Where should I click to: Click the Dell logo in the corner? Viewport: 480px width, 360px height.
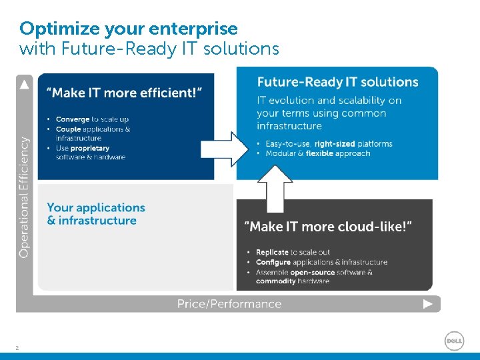[x=454, y=341]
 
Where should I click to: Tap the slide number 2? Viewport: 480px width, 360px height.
[x=17, y=347]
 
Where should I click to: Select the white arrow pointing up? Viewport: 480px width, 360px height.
[x=275, y=187]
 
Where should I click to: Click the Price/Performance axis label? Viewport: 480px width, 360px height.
[x=229, y=304]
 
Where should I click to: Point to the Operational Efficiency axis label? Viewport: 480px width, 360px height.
[x=24, y=197]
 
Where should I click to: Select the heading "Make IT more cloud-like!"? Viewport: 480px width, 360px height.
[x=329, y=227]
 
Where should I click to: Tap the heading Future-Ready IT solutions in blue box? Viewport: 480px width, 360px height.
[x=337, y=82]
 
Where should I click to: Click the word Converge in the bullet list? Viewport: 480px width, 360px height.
[x=73, y=120]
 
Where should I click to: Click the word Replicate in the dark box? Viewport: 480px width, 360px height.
[x=272, y=253]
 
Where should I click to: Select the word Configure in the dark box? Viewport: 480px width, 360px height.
[x=273, y=263]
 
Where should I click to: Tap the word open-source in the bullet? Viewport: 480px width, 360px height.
[x=315, y=272]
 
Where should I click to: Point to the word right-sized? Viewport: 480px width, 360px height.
[x=335, y=144]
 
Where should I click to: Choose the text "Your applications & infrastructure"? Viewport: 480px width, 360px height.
[x=95, y=214]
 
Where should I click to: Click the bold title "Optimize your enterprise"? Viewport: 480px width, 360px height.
[x=129, y=29]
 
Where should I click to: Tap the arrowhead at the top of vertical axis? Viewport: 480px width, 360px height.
[x=25, y=84]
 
